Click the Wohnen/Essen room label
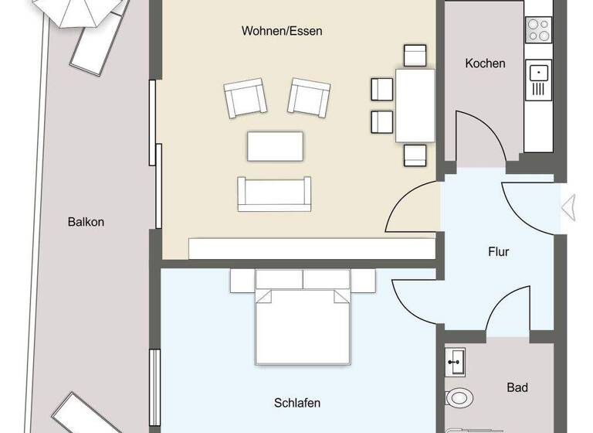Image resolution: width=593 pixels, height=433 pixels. pos(282,32)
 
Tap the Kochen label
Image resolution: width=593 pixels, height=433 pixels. pos(485,63)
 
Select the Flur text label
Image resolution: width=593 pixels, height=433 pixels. pos(499,251)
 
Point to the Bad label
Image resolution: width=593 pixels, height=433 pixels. pos(517,387)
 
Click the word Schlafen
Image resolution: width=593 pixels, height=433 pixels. pos(296,403)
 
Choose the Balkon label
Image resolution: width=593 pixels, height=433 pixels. pos(85,222)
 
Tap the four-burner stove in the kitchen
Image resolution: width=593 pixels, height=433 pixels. pos(538,29)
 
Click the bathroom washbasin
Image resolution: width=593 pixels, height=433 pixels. pos(456,360)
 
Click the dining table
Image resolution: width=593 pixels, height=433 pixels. pos(415,105)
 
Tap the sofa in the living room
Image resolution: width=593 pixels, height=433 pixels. pos(275,193)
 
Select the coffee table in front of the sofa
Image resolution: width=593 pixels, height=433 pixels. pos(275,145)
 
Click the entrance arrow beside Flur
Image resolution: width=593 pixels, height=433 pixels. pos(568,207)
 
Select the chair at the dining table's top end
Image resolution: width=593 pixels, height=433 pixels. pos(415,55)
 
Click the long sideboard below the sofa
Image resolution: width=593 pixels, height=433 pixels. pos(311,248)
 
